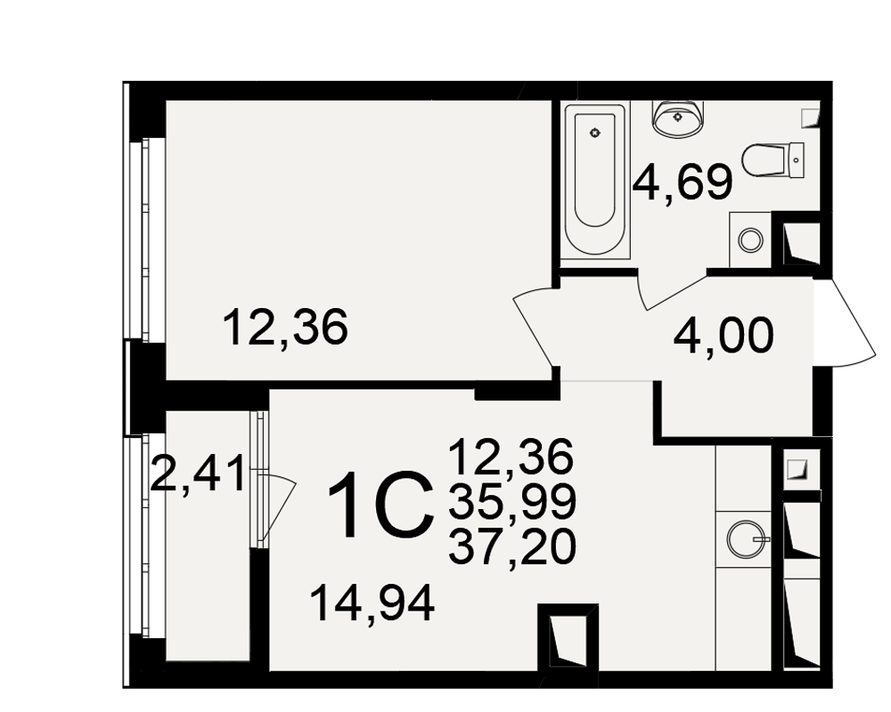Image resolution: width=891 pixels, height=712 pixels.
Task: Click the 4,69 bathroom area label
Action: [683, 182]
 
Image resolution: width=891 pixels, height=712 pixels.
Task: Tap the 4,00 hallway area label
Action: [723, 336]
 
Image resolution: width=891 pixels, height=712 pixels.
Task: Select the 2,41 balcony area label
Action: [198, 473]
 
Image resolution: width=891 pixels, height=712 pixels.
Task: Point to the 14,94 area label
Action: [372, 604]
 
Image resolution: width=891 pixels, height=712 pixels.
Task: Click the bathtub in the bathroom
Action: [595, 181]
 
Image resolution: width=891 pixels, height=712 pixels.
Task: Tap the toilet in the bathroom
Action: [773, 161]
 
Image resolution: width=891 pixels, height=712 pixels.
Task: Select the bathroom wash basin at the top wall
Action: [678, 118]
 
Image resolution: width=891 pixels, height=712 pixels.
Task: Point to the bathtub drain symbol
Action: [595, 134]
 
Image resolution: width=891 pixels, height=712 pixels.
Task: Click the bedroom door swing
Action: [534, 326]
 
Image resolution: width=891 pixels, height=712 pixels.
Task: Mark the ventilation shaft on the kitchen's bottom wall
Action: [568, 637]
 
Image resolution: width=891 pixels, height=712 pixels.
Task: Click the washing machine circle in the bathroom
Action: [750, 239]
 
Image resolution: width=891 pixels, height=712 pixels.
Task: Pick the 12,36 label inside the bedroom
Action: [285, 328]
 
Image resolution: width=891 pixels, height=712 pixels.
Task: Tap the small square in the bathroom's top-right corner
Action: [810, 117]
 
